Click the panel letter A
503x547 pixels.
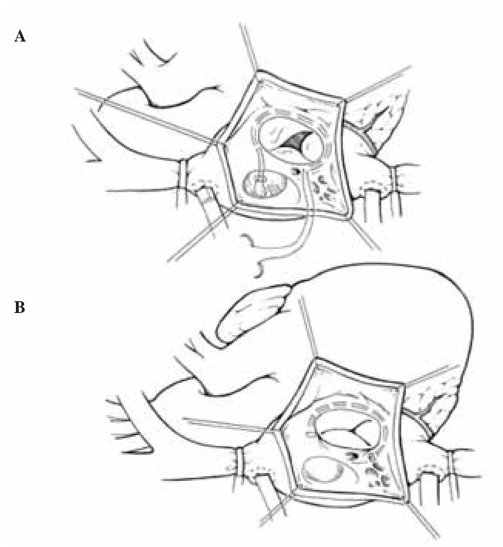[20, 36]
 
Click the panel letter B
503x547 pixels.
[20, 307]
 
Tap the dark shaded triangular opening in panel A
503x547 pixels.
[295, 142]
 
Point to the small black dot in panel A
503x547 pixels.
[297, 171]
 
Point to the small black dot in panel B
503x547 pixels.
[356, 456]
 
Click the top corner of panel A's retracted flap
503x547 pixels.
[258, 71]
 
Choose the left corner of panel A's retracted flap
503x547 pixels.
[218, 143]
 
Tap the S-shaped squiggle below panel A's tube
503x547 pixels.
[260, 256]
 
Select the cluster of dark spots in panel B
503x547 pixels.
[377, 475]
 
